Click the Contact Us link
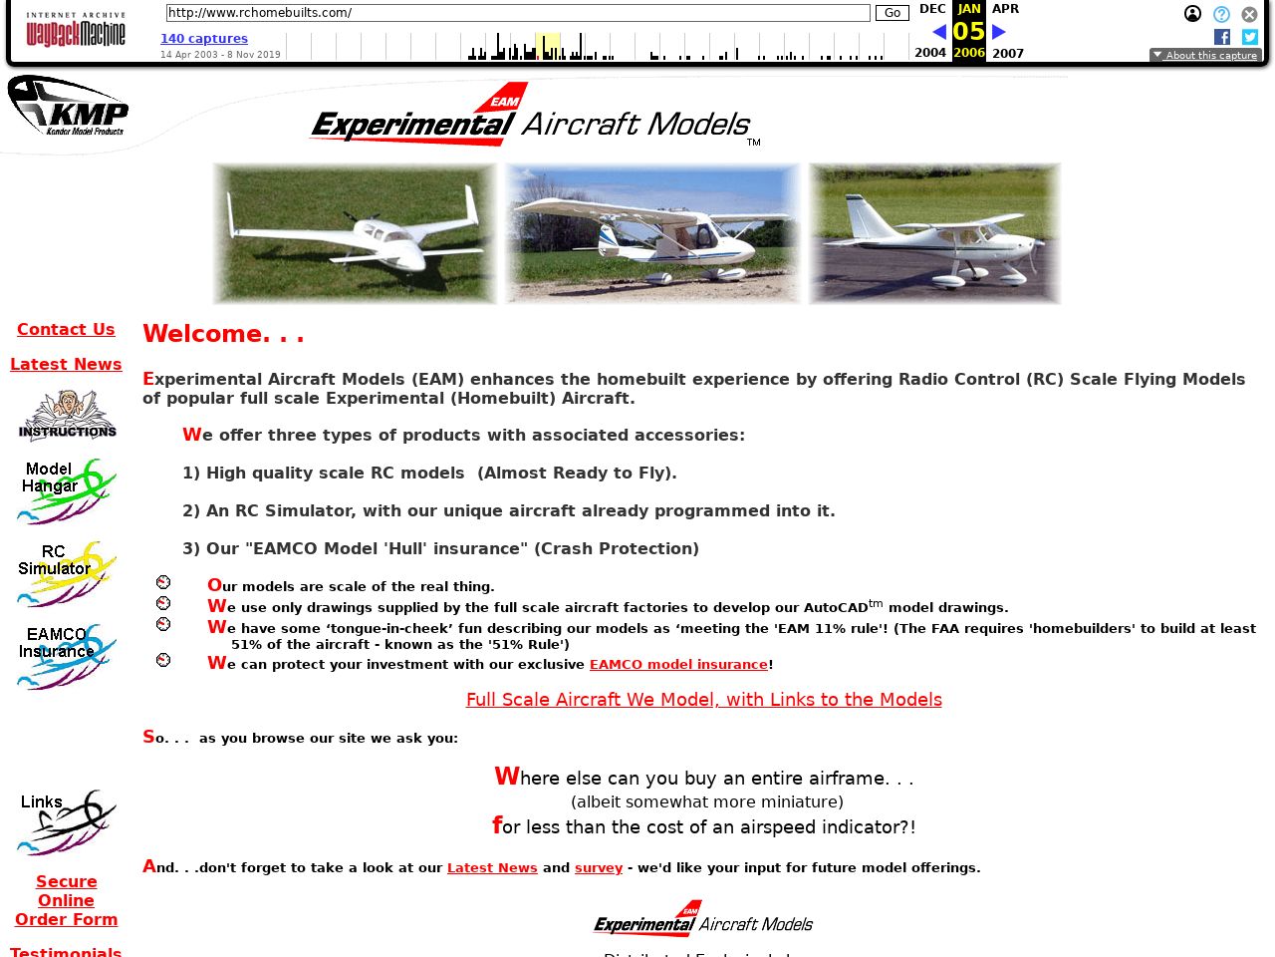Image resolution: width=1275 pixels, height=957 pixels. pos(66,330)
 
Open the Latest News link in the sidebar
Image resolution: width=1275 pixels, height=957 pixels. pos(66,365)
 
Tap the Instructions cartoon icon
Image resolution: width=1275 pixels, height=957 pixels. pos(67,415)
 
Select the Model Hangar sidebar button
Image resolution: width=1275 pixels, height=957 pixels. pos(66,490)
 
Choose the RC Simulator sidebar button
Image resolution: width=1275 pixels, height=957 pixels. pos(66,573)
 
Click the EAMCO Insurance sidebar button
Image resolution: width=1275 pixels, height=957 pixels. pos(66,655)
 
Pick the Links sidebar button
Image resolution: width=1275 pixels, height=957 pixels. pos(66,822)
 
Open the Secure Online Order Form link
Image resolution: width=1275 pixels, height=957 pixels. pos(66,900)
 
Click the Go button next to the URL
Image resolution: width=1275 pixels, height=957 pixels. pos(892,13)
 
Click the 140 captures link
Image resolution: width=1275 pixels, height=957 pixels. pos(204,39)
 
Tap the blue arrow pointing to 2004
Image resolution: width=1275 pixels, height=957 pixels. pos(938,32)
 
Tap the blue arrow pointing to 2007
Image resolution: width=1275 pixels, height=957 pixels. pos(999,32)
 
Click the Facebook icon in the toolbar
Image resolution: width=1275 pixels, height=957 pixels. pos(1222,37)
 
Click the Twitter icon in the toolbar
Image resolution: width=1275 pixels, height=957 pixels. pos(1250,37)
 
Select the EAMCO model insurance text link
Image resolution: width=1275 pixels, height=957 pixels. pos(678,665)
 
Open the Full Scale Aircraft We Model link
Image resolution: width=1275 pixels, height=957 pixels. pos(703,700)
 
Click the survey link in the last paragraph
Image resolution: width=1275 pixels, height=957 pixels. pos(599,868)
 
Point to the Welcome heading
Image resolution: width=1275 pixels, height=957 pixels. pos(223,334)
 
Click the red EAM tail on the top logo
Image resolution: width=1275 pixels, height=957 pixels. pos(502,98)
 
